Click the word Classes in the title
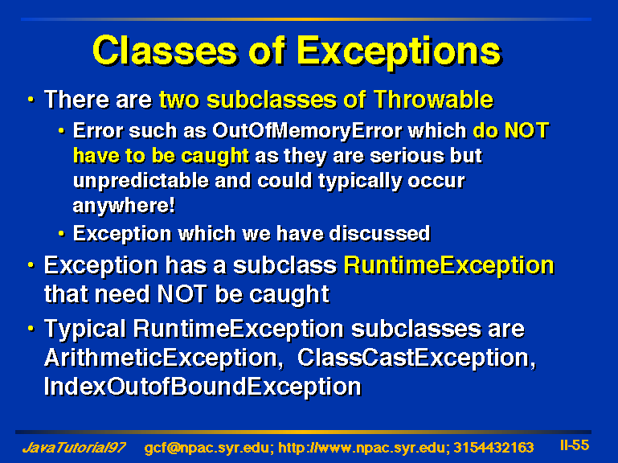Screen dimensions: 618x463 click(165, 51)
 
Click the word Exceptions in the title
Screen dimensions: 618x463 click(399, 52)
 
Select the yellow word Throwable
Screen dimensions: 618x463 click(432, 99)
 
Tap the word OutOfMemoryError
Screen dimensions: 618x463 click(307, 131)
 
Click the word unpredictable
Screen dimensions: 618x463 click(141, 181)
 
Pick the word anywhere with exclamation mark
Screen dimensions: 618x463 click(124, 206)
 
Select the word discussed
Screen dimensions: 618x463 click(379, 233)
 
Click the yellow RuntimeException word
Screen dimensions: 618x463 click(449, 266)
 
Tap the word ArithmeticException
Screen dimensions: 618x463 click(164, 358)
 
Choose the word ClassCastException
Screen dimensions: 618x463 click(416, 358)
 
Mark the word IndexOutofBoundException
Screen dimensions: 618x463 click(203, 387)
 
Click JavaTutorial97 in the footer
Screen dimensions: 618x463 click(74, 448)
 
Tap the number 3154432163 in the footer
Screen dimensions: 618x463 click(494, 448)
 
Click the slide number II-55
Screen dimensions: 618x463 click(575, 445)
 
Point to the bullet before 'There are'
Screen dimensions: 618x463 click(31, 99)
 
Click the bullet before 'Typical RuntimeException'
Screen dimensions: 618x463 click(31, 328)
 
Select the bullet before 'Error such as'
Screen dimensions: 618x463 click(62, 130)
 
